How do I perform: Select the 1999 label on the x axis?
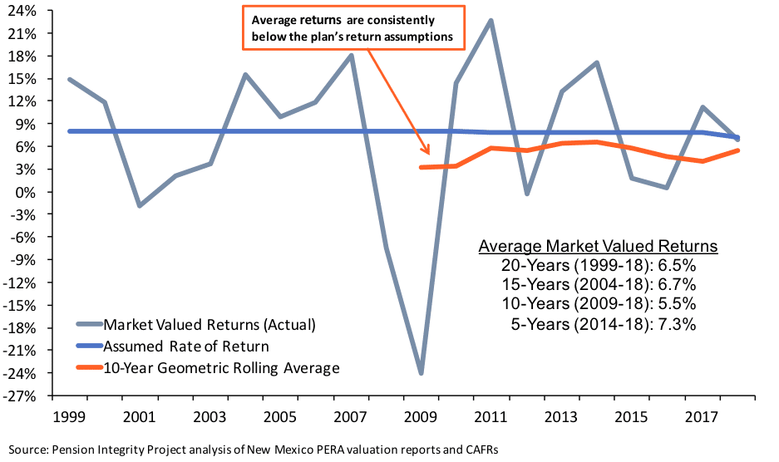[67, 413]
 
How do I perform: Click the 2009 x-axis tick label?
[421, 413]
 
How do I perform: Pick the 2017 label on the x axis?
[703, 413]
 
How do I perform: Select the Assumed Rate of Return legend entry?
[187, 346]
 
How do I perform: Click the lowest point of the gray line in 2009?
[422, 373]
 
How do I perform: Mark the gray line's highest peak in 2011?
[491, 20]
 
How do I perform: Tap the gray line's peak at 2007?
[351, 56]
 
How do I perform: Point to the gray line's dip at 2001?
[139, 205]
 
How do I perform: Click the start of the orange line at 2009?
[422, 167]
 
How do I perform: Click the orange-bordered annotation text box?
[353, 27]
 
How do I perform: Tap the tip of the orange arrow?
[428, 153]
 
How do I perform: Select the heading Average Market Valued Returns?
[598, 247]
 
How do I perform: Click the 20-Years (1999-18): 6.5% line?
[598, 266]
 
